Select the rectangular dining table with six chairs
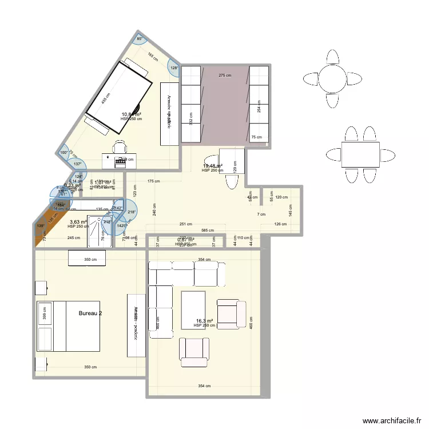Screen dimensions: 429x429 360,155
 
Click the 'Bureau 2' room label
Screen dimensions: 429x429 91,313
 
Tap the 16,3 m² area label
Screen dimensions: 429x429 204,321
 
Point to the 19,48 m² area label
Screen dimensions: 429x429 212,166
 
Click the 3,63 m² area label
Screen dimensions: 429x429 78,222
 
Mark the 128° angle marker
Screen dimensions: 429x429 174,68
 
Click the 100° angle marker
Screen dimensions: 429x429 64,153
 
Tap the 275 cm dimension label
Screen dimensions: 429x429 225,76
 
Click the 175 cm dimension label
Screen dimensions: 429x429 153,181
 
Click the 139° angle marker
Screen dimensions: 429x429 40,227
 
